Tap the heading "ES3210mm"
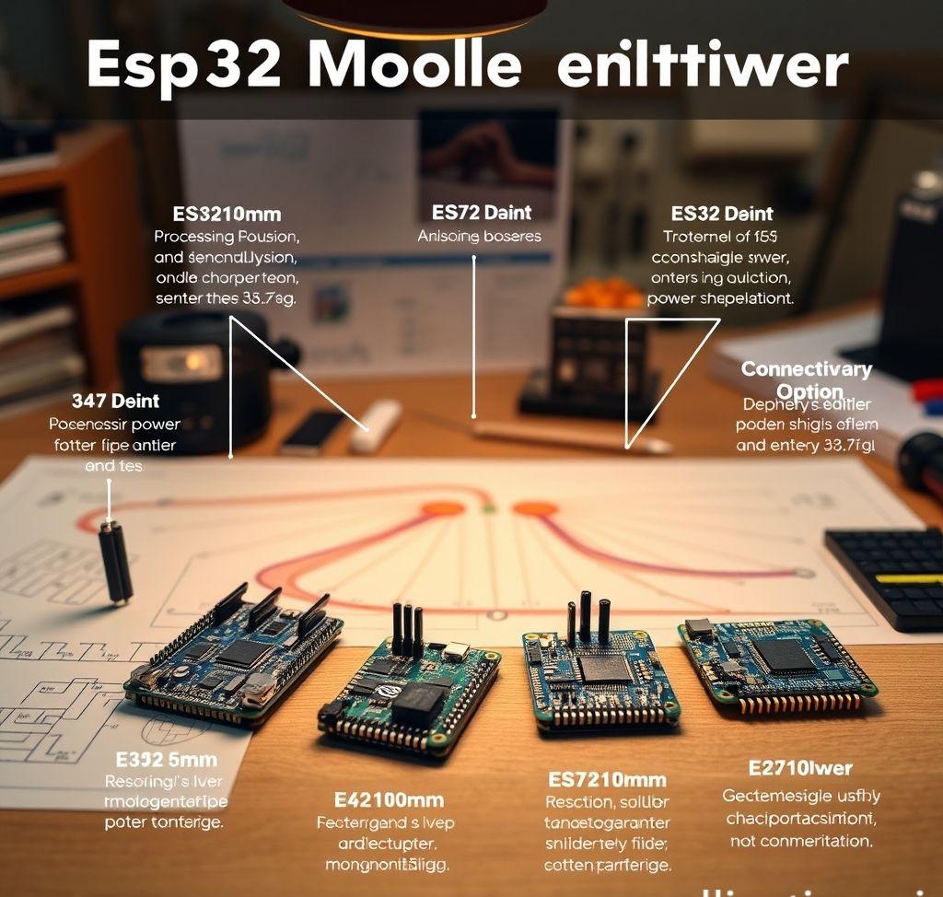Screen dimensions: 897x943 point(227,214)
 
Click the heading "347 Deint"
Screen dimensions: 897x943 point(115,401)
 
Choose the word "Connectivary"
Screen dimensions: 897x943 point(806,369)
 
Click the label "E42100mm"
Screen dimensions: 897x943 point(389,799)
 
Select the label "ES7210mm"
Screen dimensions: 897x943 point(608,778)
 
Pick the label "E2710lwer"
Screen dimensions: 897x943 point(799,768)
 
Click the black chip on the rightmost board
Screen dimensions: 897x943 point(784,656)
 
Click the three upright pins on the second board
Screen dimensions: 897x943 point(406,631)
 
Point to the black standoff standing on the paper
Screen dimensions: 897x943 point(116,562)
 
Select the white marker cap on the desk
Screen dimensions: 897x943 point(375,426)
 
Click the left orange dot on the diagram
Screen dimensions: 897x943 point(443,507)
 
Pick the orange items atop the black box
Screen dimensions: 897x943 point(603,294)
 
